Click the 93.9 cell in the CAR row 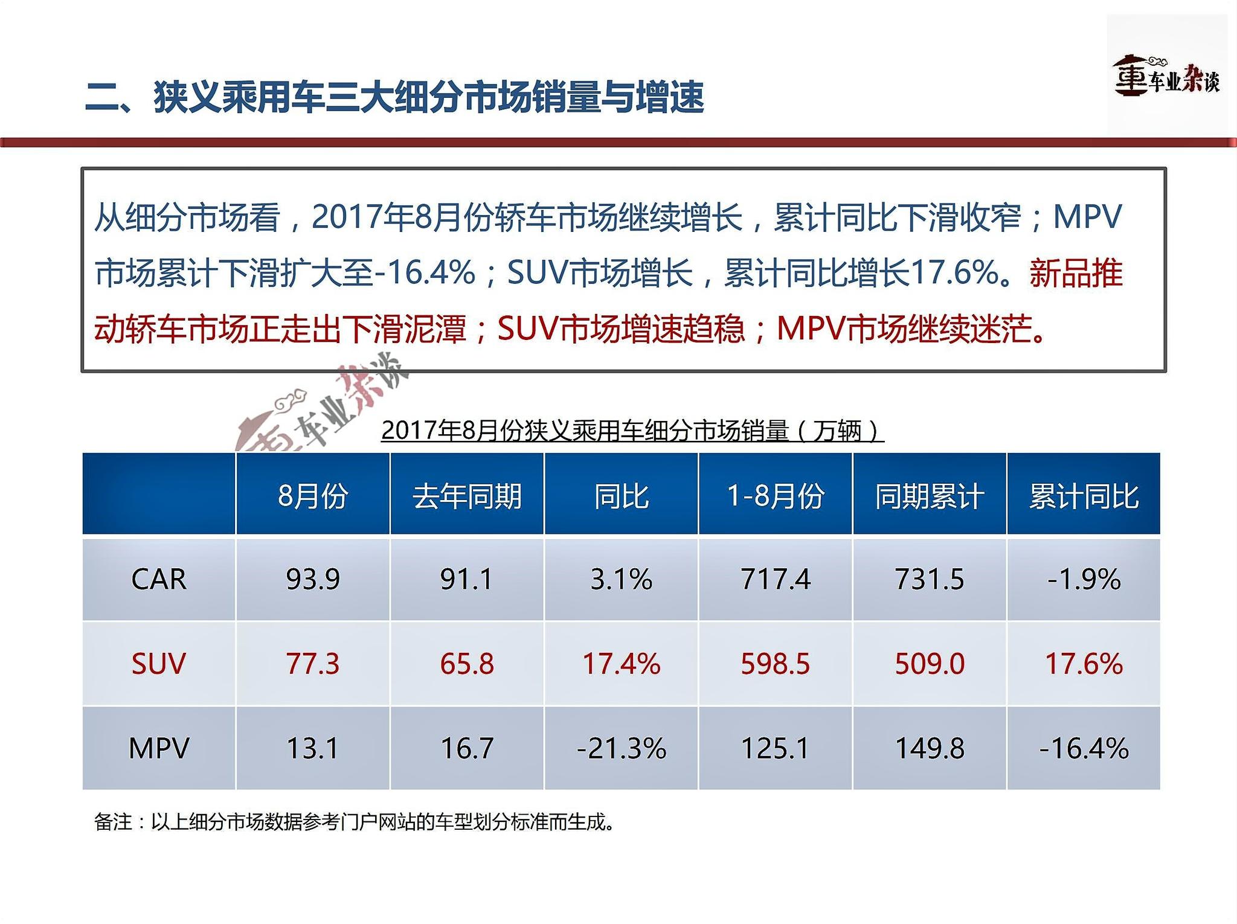click(x=313, y=579)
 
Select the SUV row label click(x=158, y=664)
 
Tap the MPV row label click(x=158, y=748)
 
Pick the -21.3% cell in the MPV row click(x=621, y=748)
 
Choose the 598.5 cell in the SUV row click(x=775, y=664)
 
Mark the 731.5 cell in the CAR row click(x=930, y=579)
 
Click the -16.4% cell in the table click(x=1084, y=748)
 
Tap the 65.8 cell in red click(x=467, y=664)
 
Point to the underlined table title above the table click(x=632, y=431)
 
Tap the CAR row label click(x=158, y=579)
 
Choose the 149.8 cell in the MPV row click(x=930, y=748)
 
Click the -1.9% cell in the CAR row click(x=1084, y=579)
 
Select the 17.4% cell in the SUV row click(x=621, y=664)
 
